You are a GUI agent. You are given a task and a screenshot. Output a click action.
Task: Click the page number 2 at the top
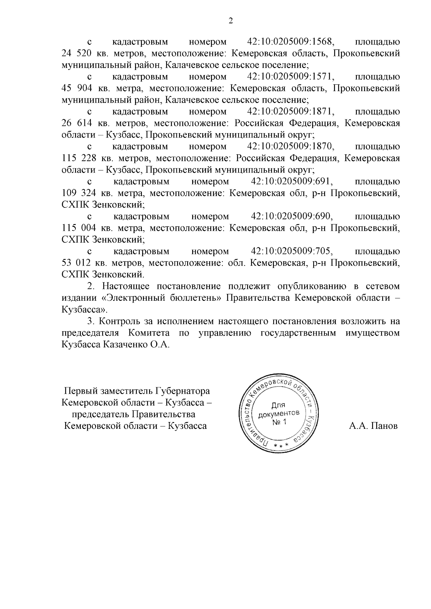[x=231, y=21]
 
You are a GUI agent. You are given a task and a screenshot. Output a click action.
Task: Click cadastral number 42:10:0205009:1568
[x=291, y=42]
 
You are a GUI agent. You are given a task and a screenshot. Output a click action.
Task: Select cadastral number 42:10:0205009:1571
[x=291, y=77]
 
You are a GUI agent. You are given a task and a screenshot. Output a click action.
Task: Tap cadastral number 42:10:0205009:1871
[x=291, y=112]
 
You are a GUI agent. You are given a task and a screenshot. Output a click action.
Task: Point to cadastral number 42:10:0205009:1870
[x=291, y=146]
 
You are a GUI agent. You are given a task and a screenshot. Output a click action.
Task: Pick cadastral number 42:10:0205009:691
[x=291, y=181]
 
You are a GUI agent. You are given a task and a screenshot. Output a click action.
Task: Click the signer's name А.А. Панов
[x=373, y=426]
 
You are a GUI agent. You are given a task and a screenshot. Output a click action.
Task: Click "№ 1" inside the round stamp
[x=279, y=422]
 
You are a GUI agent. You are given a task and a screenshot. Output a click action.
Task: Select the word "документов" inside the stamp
[x=279, y=414]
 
